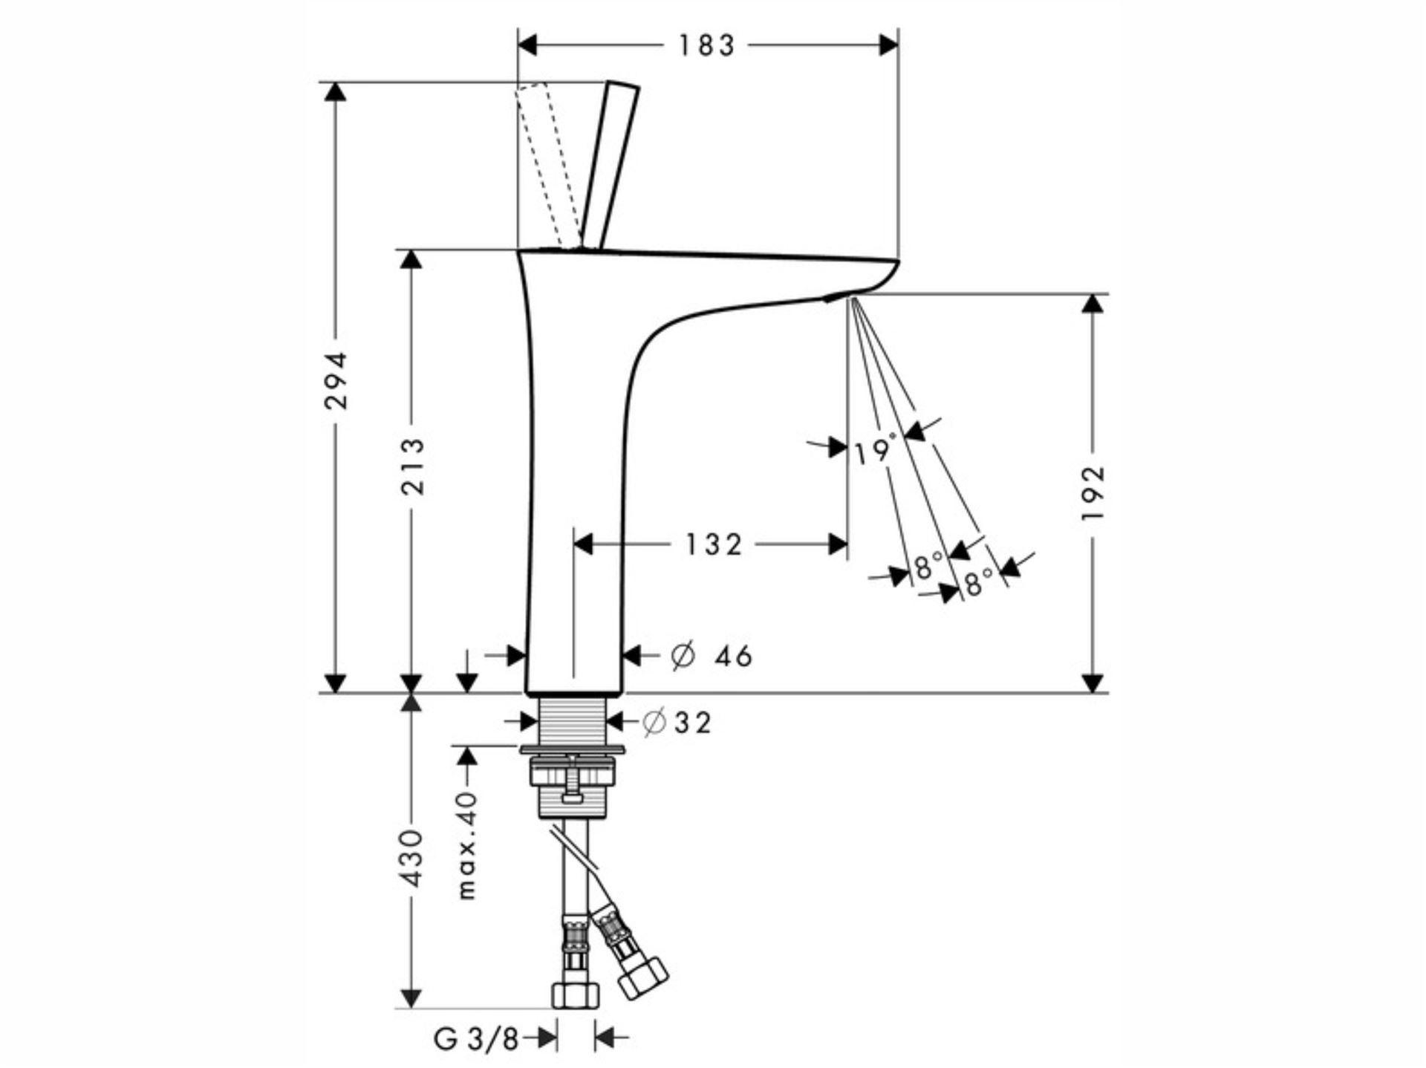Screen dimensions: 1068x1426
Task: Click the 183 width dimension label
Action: pyautogui.click(x=706, y=46)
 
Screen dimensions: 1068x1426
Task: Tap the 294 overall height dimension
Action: pyautogui.click(x=336, y=381)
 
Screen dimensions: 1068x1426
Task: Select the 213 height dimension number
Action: pyautogui.click(x=412, y=466)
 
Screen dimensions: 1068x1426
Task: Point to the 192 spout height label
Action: pyautogui.click(x=1093, y=492)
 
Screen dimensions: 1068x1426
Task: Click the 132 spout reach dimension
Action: pyautogui.click(x=712, y=545)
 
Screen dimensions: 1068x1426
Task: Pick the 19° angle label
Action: pyautogui.click(x=875, y=451)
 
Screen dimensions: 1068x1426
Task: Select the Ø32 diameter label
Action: pyautogui.click(x=677, y=722)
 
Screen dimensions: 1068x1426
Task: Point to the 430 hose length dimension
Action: pyautogui.click(x=411, y=859)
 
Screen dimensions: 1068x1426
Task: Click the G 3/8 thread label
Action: pyautogui.click(x=476, y=1039)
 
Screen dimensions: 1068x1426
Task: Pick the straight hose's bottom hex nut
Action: pyautogui.click(x=576, y=994)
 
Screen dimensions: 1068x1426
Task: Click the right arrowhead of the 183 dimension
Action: pyautogui.click(x=888, y=46)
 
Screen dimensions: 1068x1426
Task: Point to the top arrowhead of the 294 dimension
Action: pyautogui.click(x=336, y=91)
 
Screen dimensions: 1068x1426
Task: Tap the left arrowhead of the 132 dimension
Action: pyautogui.click(x=584, y=545)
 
